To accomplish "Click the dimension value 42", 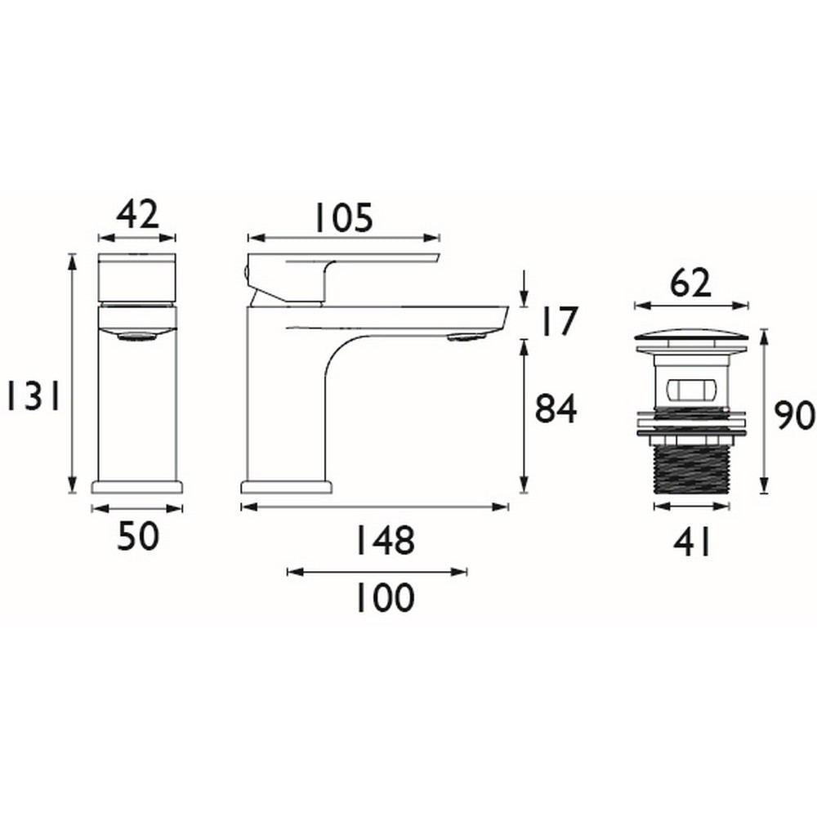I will click(x=136, y=216).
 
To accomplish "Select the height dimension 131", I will click(x=29, y=398).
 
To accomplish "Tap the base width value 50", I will click(x=136, y=538).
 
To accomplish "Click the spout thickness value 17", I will click(x=557, y=321).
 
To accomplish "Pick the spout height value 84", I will click(x=556, y=408).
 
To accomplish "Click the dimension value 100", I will click(x=384, y=599).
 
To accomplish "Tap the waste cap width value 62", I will click(x=690, y=284).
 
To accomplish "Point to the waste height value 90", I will click(x=795, y=416).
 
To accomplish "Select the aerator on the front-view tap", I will click(x=136, y=335).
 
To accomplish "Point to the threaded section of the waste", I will click(x=691, y=470).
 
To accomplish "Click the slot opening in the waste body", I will click(x=691, y=389).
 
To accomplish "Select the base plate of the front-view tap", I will click(x=136, y=486).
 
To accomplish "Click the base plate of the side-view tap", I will click(x=287, y=487).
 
